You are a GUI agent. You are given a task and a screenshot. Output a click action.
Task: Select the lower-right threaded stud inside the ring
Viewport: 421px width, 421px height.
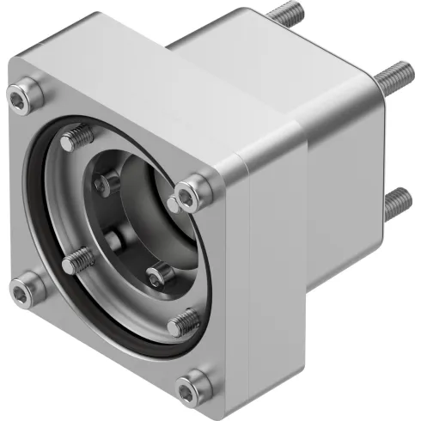click(182, 323)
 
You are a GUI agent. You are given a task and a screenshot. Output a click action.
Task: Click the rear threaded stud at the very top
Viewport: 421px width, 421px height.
click(286, 15)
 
